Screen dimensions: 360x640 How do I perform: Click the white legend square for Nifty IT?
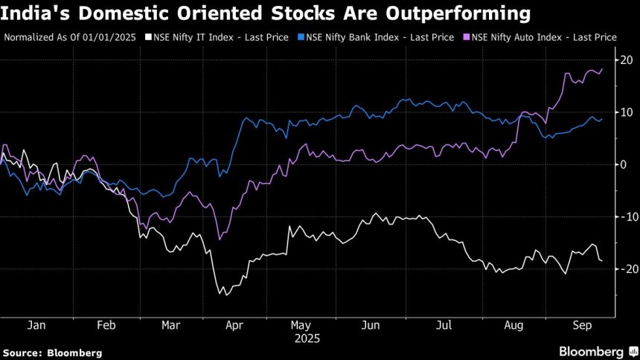(149, 36)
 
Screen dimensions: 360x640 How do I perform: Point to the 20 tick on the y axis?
(627, 60)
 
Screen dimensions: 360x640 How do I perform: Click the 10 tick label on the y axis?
(627, 112)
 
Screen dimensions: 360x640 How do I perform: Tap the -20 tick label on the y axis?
(626, 269)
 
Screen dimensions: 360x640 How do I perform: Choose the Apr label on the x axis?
(234, 325)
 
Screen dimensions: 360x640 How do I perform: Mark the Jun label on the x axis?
(370, 325)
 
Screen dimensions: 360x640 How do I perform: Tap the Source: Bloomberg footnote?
(52, 352)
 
